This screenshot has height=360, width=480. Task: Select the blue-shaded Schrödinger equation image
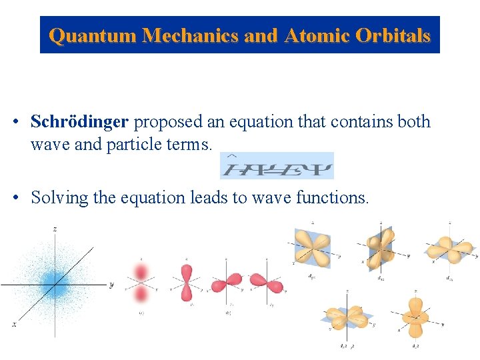coord(277,165)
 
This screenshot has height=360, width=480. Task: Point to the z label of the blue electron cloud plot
coord(55,229)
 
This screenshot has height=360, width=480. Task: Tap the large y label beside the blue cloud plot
coord(111,285)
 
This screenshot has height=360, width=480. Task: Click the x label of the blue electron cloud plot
coord(14,325)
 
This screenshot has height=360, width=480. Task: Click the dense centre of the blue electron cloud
coord(55,287)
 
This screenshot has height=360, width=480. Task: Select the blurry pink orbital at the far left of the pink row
coord(141,283)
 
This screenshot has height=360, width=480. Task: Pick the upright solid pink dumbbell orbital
coord(186,284)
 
